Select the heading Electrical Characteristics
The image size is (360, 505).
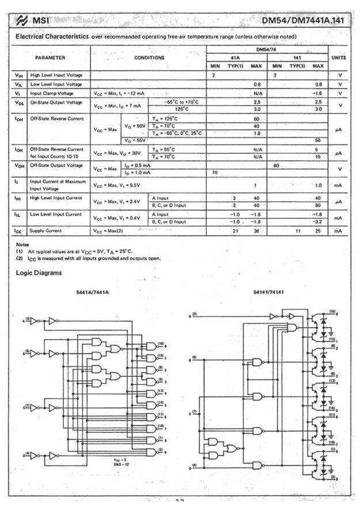[x=51, y=36]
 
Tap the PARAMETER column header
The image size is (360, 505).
[x=50, y=58]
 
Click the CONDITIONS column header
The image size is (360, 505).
[x=149, y=58]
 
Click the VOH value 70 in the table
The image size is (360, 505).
[x=215, y=172]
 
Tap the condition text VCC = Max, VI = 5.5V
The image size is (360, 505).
[x=117, y=185]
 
